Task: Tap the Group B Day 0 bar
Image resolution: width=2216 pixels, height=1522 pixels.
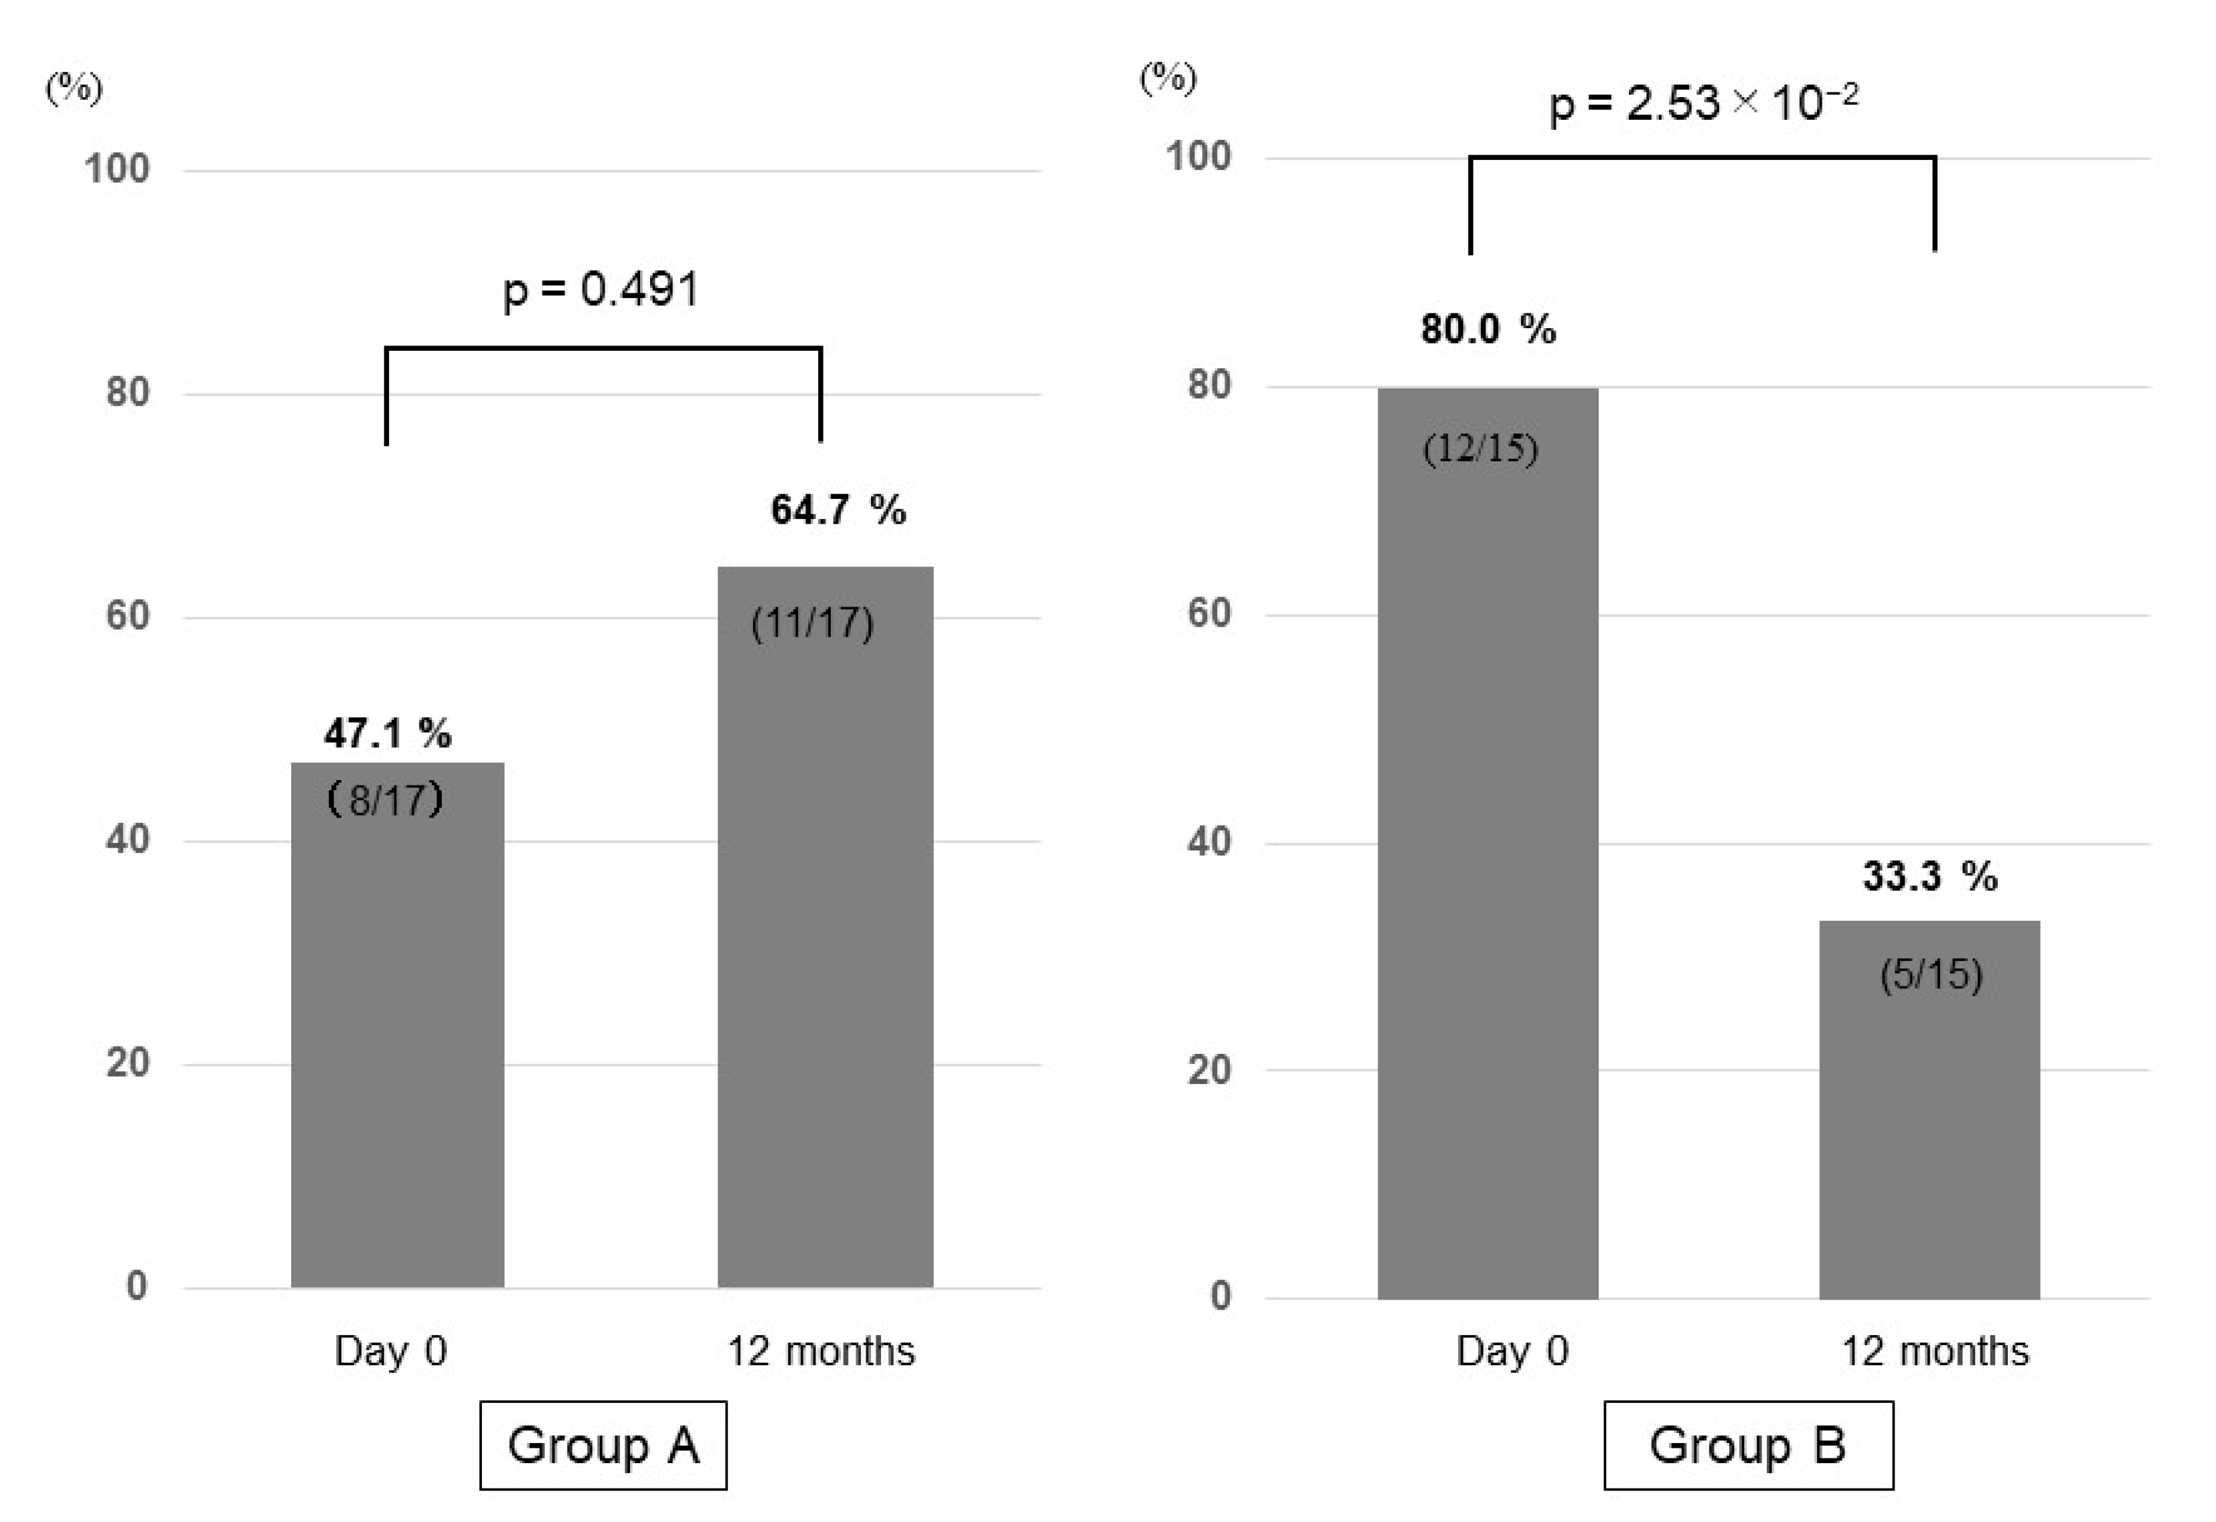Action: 1488,858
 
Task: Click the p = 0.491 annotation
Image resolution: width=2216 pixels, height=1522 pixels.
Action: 602,289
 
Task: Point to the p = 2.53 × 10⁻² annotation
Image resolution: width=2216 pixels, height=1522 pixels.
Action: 1703,102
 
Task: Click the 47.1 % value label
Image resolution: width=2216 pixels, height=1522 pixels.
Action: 387,733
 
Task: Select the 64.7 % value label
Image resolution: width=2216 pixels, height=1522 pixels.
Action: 838,510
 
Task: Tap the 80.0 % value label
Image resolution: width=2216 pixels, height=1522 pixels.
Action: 1488,329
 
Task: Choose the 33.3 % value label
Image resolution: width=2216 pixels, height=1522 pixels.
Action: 1930,875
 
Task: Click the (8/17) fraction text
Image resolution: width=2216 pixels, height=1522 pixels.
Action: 385,799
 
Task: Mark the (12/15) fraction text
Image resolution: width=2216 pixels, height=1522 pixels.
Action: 1480,448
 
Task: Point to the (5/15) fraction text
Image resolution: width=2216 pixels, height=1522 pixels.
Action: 1931,975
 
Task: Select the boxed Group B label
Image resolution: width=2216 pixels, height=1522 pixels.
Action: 1748,1446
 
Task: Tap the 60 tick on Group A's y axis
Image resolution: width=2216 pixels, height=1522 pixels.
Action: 128,616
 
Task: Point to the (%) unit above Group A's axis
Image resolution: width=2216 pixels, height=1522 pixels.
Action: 74,88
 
